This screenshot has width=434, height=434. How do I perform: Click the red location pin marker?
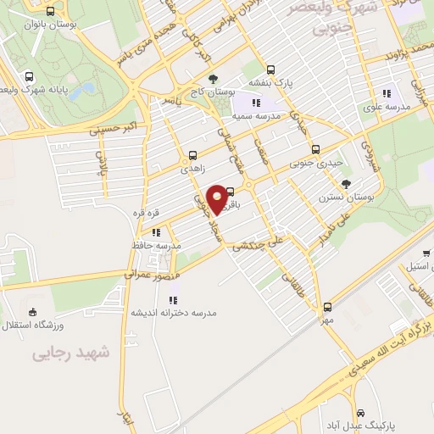pyautogui.click(x=217, y=198)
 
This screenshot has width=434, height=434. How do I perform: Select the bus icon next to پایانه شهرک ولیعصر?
pyautogui.click(x=31, y=75)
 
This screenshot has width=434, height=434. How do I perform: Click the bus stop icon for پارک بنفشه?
pyautogui.click(x=270, y=70)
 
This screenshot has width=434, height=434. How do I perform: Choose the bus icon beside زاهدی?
pyautogui.click(x=192, y=155)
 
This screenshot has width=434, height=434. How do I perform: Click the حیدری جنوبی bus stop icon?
pyautogui.click(x=314, y=149)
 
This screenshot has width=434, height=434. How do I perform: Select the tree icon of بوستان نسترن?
pyautogui.click(x=346, y=184)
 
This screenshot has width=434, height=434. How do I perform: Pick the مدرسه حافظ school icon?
pyautogui.click(x=156, y=231)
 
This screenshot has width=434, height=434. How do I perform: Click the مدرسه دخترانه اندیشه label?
pyautogui.click(x=173, y=312)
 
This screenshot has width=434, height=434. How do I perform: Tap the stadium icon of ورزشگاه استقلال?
pyautogui.click(x=32, y=311)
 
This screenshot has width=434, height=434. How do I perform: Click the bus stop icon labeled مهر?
pyautogui.click(x=328, y=308)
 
